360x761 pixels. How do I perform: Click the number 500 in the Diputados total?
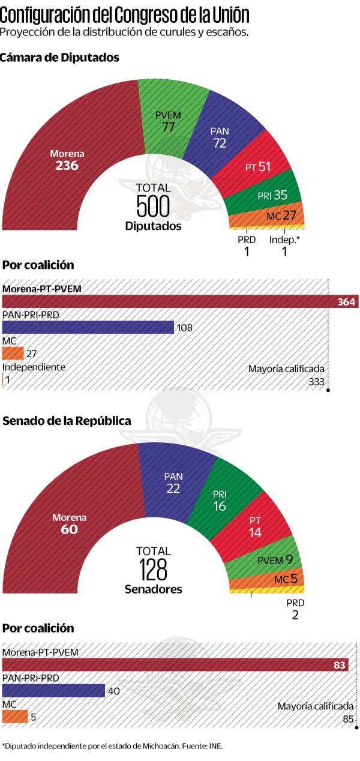[153, 206]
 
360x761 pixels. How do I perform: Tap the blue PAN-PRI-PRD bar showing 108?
[88, 327]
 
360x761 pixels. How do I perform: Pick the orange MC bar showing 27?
[13, 353]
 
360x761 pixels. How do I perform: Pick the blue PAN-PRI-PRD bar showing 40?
[53, 690]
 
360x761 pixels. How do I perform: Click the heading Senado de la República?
[67, 421]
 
